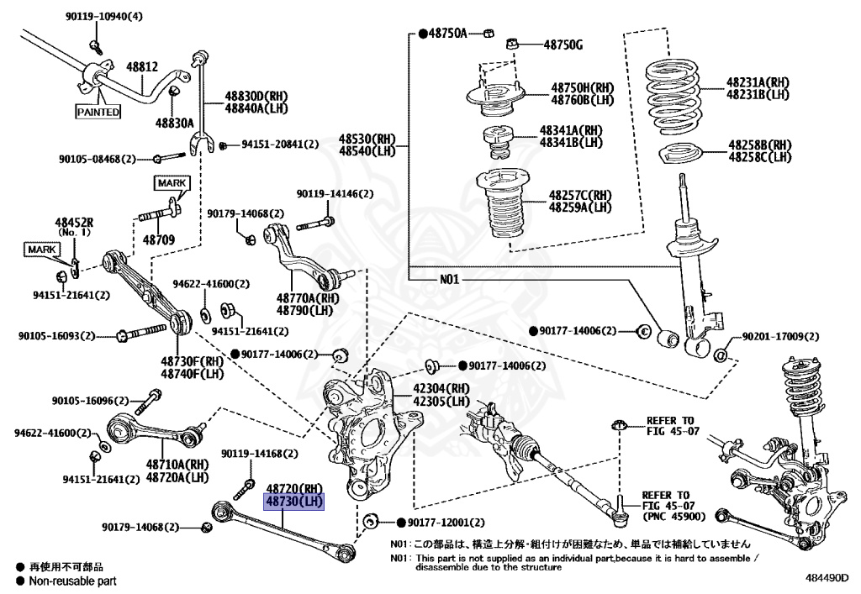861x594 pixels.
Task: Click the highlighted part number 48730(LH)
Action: coord(294,502)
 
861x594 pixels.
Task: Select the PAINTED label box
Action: coord(98,111)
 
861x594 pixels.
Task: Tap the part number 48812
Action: coord(142,66)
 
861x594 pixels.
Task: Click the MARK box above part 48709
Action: coord(172,182)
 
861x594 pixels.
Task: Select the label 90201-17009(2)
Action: coord(779,337)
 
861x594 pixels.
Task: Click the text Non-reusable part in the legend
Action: coord(72,581)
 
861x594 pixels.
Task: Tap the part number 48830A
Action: coord(174,123)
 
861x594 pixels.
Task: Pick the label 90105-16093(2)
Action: coord(64,336)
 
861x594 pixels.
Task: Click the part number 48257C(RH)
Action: coord(580,196)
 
